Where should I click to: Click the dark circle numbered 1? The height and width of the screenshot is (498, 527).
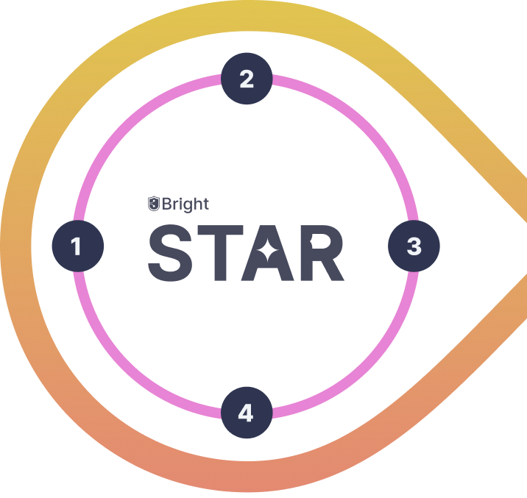tap(77, 246)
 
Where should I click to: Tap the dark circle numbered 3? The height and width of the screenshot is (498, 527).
tap(414, 246)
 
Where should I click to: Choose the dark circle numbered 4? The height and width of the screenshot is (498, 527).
tap(246, 413)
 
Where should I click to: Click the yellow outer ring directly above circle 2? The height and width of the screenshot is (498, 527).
tap(247, 22)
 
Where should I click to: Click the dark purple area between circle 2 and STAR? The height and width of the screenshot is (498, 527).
tap(247, 147)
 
